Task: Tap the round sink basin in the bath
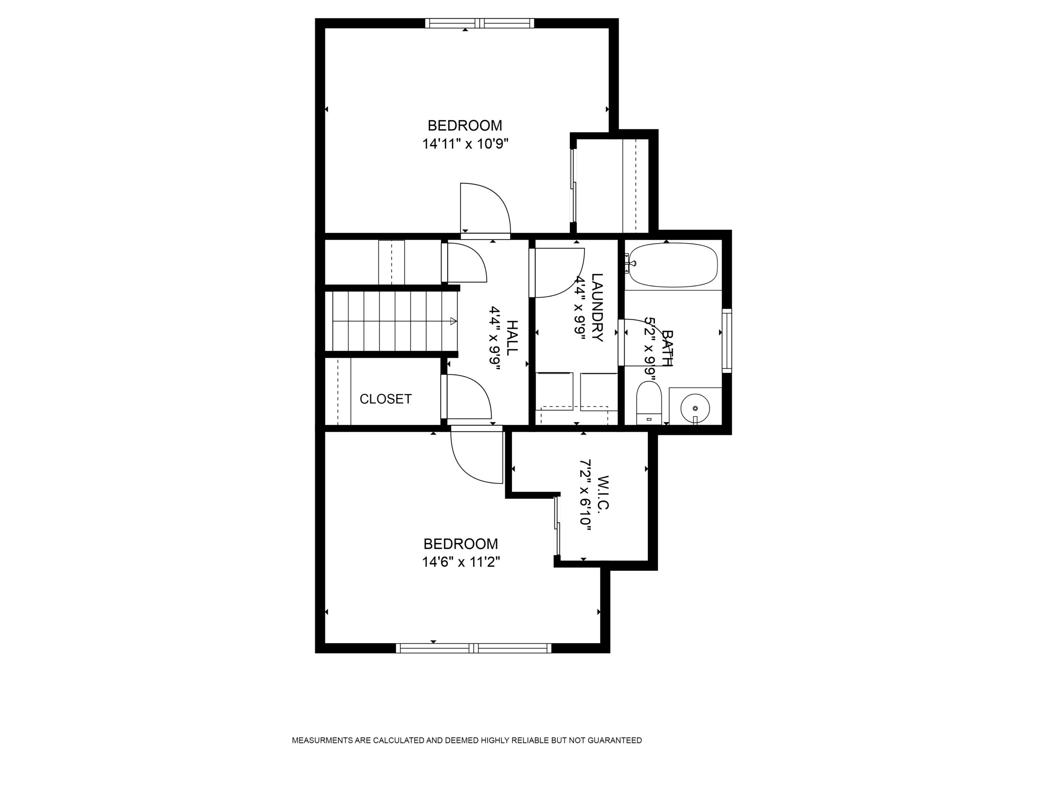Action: click(695, 408)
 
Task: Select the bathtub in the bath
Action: click(673, 265)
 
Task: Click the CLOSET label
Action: click(386, 399)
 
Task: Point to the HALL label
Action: click(512, 338)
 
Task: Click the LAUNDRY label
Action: click(598, 307)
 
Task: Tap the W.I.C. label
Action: click(602, 493)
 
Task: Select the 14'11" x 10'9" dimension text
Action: click(465, 144)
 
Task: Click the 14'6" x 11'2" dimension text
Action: click(461, 562)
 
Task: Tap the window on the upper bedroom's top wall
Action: click(479, 23)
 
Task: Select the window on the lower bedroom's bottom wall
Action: click(474, 648)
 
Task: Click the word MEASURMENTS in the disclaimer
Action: click(323, 740)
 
